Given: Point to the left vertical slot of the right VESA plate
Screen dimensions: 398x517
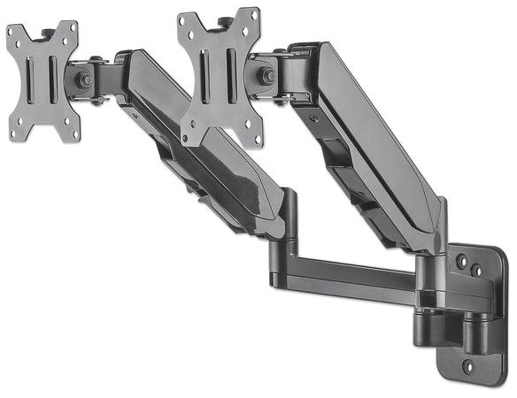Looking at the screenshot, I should pos(205,68).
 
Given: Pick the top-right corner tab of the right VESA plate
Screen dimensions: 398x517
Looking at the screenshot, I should pos(253,18).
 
